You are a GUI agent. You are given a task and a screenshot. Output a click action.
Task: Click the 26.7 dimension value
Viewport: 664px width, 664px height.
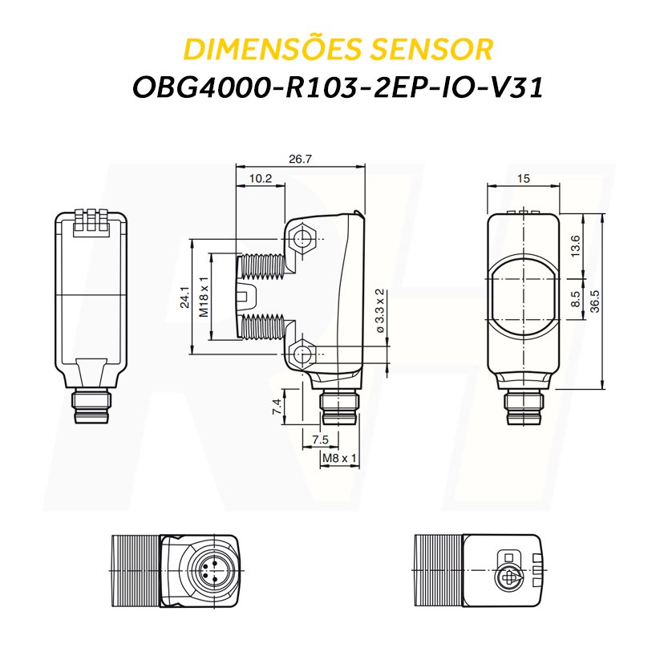coord(300,160)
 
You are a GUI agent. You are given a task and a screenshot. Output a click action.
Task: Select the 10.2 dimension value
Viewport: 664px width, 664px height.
coord(261,179)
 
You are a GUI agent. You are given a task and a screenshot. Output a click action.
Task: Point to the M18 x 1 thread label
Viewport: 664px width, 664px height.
coord(204,298)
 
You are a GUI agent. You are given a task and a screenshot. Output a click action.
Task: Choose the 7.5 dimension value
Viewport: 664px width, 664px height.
coord(320,439)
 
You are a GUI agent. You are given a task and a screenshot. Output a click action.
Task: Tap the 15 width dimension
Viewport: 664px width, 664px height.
coord(524,179)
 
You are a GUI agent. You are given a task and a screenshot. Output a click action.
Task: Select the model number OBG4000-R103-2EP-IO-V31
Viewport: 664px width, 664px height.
coord(338,87)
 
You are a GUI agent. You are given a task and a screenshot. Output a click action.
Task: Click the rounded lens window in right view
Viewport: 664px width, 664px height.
coord(524,296)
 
